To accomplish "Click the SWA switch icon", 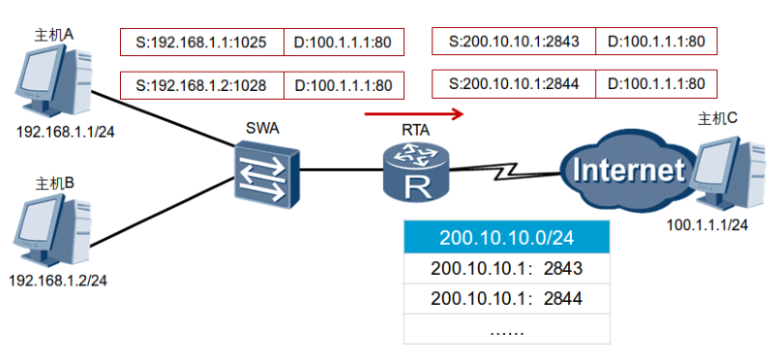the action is pyautogui.click(x=267, y=173).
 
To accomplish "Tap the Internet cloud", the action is pyautogui.click(x=625, y=169).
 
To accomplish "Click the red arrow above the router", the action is pyautogui.click(x=414, y=114).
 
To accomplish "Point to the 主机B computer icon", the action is pyautogui.click(x=51, y=232).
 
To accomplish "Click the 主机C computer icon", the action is pyautogui.click(x=731, y=175).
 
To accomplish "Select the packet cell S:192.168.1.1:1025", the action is pyautogui.click(x=202, y=43).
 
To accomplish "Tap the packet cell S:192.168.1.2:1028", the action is pyautogui.click(x=202, y=85).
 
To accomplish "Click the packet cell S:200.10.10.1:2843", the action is pyautogui.click(x=514, y=41).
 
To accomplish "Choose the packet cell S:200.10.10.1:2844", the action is pyautogui.click(x=514, y=83).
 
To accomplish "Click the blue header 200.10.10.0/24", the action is pyautogui.click(x=507, y=238).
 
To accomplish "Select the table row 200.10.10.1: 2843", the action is pyautogui.click(x=507, y=269).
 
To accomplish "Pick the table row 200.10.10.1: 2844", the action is pyautogui.click(x=507, y=298).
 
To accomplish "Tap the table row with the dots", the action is pyautogui.click(x=507, y=329).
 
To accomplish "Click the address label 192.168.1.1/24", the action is pyautogui.click(x=66, y=132).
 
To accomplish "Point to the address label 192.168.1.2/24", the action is pyautogui.click(x=58, y=281).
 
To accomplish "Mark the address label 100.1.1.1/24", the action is pyautogui.click(x=707, y=225).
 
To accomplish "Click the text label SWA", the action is pyautogui.click(x=263, y=129).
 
